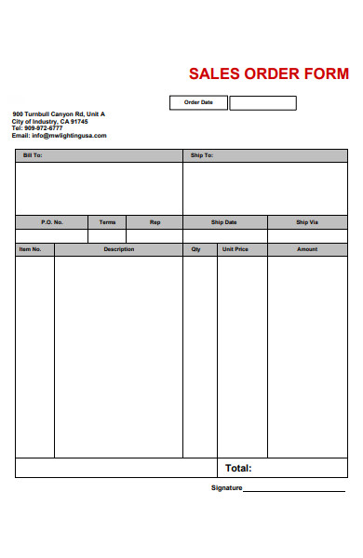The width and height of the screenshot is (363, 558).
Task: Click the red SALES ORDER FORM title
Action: (268, 73)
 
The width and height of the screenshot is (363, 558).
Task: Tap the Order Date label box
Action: (198, 102)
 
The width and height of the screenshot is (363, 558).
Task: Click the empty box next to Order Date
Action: (262, 102)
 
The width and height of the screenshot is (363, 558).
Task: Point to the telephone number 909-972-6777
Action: (44, 128)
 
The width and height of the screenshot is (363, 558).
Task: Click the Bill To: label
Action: (32, 155)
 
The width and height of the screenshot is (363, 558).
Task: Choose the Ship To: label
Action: (202, 155)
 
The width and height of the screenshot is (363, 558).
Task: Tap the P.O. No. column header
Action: (52, 222)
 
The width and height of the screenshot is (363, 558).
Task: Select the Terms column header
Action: (107, 222)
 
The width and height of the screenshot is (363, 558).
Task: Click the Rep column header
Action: (155, 222)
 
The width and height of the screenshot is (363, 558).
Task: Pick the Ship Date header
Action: (224, 222)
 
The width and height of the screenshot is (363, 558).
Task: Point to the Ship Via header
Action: (307, 222)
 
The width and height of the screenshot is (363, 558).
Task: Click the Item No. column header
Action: (31, 249)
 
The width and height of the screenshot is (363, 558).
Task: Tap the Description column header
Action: (118, 249)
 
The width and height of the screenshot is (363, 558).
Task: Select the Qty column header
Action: (195, 249)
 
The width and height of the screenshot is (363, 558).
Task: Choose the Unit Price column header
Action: (235, 249)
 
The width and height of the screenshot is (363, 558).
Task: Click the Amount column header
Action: (307, 249)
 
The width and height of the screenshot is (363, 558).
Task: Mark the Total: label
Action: (238, 468)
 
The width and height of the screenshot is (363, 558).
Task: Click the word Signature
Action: (226, 488)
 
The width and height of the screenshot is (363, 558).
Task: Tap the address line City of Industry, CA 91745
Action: (50, 121)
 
